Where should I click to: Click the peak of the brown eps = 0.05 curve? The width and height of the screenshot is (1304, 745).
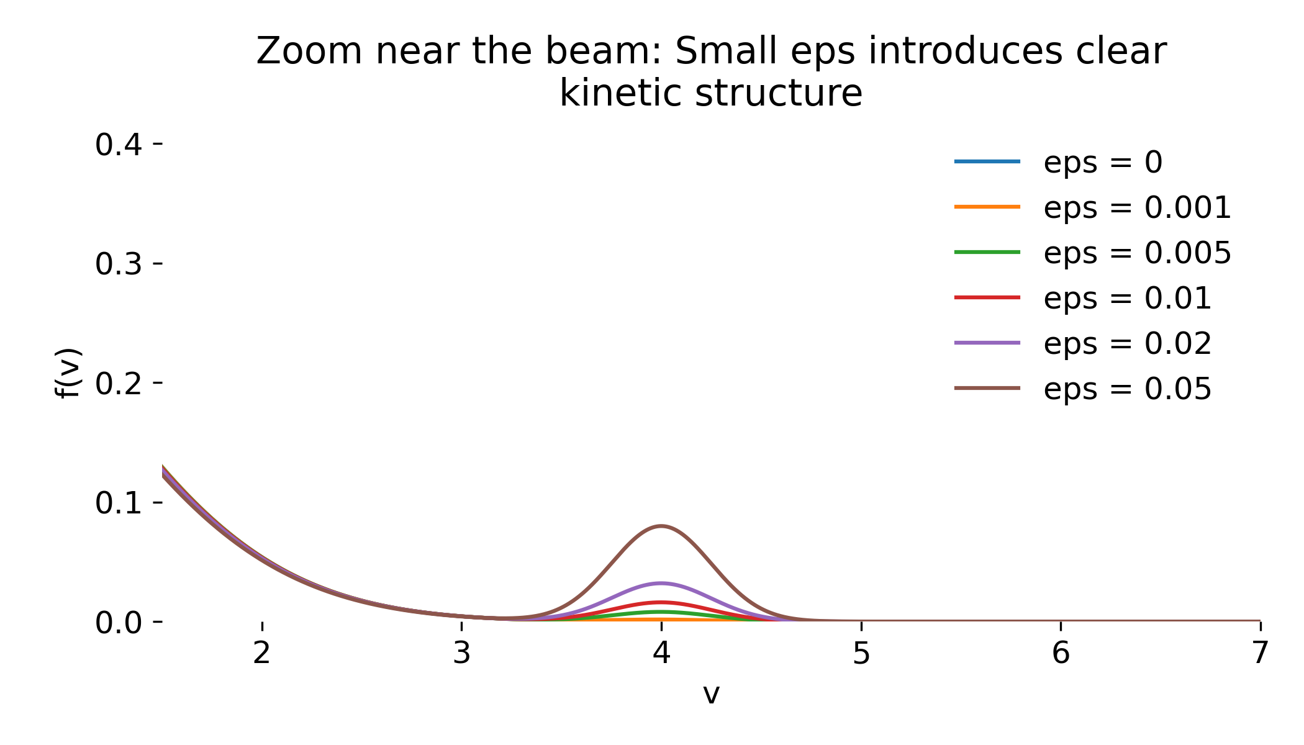pyautogui.click(x=661, y=526)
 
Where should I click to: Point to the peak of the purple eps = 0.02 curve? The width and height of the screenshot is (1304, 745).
pyautogui.click(x=661, y=583)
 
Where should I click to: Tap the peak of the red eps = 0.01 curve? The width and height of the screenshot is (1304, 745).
pyautogui.click(x=661, y=602)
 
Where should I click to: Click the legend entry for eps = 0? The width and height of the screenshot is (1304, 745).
pyautogui.click(x=1059, y=162)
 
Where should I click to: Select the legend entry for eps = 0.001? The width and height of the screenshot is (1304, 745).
pyautogui.click(x=1093, y=207)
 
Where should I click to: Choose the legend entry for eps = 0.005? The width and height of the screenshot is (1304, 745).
pyautogui.click(x=1093, y=253)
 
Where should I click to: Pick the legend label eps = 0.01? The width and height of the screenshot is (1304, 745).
pyautogui.click(x=1128, y=298)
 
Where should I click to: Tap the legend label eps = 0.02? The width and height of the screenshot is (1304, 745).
pyautogui.click(x=1128, y=343)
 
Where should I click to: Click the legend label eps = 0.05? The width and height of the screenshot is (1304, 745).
pyautogui.click(x=1128, y=389)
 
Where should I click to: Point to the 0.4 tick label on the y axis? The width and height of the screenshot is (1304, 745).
pyautogui.click(x=119, y=145)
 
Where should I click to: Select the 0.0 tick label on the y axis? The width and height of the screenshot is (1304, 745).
pyautogui.click(x=119, y=623)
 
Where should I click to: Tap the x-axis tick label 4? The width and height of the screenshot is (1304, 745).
pyautogui.click(x=662, y=653)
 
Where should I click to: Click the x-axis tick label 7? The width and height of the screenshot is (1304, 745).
pyautogui.click(x=1260, y=653)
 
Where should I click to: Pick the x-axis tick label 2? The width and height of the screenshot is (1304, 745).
pyautogui.click(x=262, y=653)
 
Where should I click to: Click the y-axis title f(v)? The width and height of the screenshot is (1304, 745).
pyautogui.click(x=68, y=372)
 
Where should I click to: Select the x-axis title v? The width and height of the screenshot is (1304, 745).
pyautogui.click(x=711, y=694)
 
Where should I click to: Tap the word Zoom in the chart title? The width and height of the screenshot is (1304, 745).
pyautogui.click(x=309, y=51)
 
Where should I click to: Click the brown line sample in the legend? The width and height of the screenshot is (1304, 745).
pyautogui.click(x=987, y=388)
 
